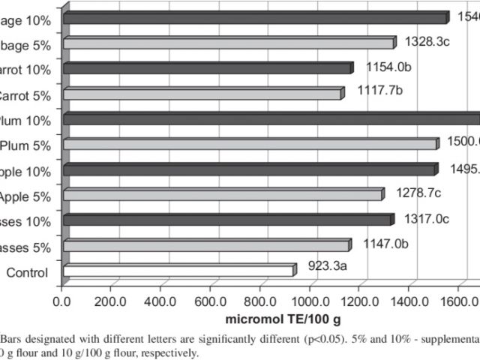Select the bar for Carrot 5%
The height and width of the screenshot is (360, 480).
202,94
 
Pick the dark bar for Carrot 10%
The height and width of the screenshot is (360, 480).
207,68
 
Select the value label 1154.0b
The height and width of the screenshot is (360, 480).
388,67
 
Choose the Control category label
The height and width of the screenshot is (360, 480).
28,272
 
